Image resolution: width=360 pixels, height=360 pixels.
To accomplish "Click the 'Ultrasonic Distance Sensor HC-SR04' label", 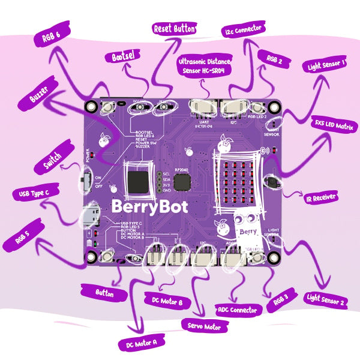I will pos(206,66).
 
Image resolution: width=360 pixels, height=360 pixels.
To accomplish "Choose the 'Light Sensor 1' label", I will pos(325,64).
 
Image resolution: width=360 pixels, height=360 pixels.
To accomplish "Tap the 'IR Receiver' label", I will pos(321,196).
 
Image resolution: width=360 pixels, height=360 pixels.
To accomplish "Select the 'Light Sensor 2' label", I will pos(326,299).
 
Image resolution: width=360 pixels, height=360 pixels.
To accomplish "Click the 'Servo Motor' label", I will pos(200,326).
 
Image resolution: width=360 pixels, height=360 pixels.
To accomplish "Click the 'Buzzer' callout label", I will pos(37,98).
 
